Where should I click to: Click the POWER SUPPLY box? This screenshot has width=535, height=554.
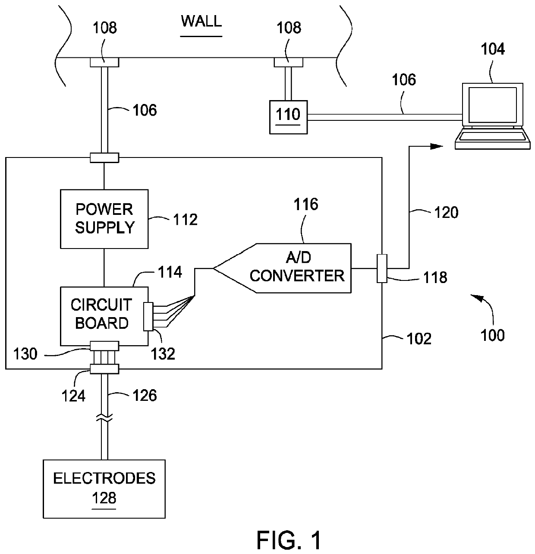104,219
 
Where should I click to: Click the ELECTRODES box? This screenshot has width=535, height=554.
104,488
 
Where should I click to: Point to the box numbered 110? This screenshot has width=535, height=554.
288,116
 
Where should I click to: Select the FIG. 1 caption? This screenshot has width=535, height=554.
289,540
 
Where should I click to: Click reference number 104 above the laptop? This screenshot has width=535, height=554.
492,49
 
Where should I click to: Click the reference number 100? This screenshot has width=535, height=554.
492,335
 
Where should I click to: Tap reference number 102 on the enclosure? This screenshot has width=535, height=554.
419,339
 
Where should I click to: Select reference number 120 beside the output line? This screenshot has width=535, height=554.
446,212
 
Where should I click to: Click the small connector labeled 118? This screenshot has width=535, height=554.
382,268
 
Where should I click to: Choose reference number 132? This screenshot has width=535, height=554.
163,354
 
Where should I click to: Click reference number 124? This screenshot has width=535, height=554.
74,395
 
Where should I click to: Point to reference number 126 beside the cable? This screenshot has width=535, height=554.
144,395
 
